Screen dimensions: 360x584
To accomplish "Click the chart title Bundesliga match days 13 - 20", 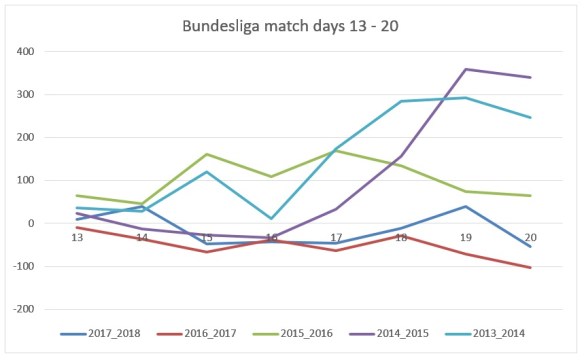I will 291,23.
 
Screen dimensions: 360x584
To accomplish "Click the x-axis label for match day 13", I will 76,237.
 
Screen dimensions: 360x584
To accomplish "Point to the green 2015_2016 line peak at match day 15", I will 207,154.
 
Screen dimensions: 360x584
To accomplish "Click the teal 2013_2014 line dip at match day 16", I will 271,218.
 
